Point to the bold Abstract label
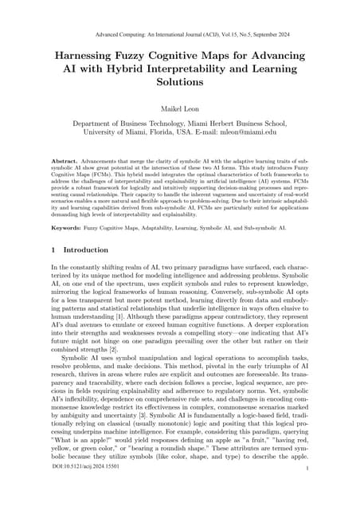(66, 161)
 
